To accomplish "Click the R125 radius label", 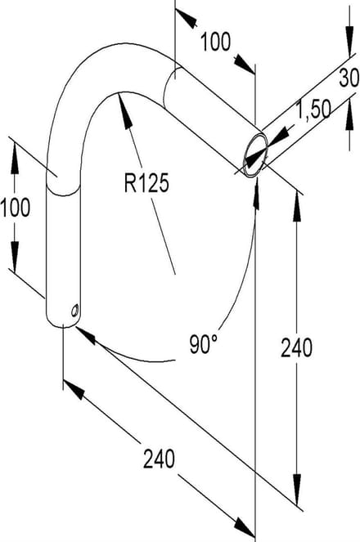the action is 146,183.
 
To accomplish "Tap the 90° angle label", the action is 204,344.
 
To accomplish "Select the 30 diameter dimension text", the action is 349,78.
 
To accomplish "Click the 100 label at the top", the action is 215,42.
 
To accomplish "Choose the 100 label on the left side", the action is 16,208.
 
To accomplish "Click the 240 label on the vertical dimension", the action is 296,347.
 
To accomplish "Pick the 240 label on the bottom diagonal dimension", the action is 159,459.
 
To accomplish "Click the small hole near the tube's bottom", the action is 74,310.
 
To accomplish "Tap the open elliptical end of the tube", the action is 255,155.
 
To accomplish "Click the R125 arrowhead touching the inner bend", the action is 124,109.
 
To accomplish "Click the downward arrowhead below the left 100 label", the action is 15,257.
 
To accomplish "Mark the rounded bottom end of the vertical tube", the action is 63,323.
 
